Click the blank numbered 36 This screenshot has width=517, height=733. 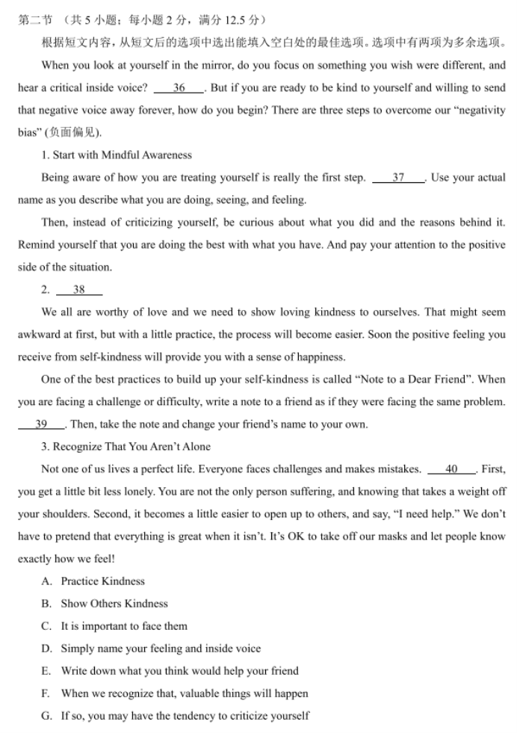[x=179, y=88]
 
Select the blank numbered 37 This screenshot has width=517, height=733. [x=397, y=178]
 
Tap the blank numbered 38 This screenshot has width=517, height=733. [x=78, y=290]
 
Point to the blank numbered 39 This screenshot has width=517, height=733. [x=41, y=424]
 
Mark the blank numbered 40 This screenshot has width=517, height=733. [x=451, y=469]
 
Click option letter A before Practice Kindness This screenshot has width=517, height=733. [x=46, y=581]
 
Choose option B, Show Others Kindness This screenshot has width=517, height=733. [x=46, y=604]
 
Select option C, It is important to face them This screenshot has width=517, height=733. [x=46, y=626]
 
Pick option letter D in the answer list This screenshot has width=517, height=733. [x=46, y=649]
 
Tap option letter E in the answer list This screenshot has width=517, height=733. [x=46, y=671]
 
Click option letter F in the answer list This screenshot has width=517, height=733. [x=46, y=693]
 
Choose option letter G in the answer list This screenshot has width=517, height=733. [x=46, y=716]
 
